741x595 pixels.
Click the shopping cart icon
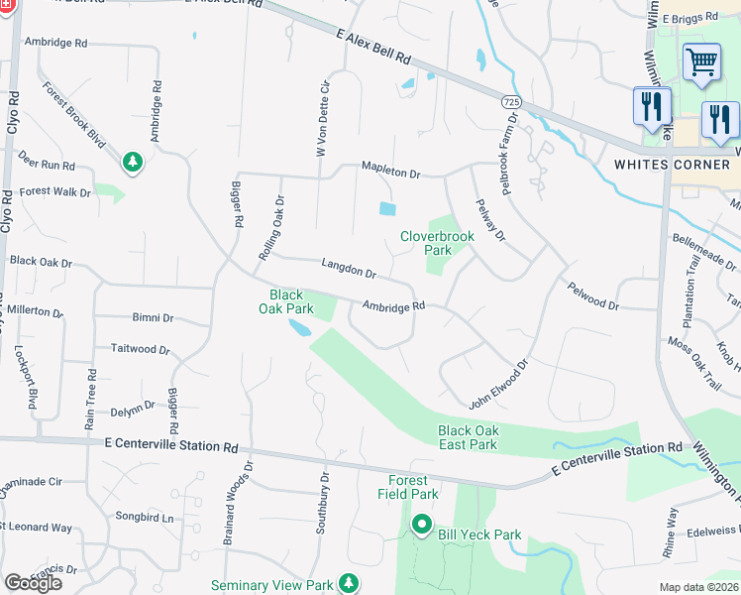click(x=701, y=62)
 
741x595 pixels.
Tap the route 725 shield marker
click(x=511, y=102)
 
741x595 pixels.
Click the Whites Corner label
click(x=671, y=164)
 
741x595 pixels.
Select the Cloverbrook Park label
click(x=437, y=243)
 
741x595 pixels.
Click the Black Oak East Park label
click(x=468, y=437)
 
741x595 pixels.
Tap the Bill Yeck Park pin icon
click(x=422, y=525)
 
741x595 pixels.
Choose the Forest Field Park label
click(x=407, y=487)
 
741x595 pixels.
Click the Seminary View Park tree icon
click(x=348, y=583)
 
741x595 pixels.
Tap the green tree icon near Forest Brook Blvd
click(x=132, y=161)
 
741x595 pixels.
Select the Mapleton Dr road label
click(x=390, y=171)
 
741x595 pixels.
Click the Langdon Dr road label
click(x=349, y=268)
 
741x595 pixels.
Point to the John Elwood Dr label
click(x=499, y=384)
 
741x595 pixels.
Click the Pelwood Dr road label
click(x=592, y=297)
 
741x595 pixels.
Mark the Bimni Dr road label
click(x=154, y=318)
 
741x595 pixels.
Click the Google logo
click(x=33, y=583)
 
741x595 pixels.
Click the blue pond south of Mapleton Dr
click(x=386, y=208)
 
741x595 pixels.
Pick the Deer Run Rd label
click(x=47, y=165)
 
